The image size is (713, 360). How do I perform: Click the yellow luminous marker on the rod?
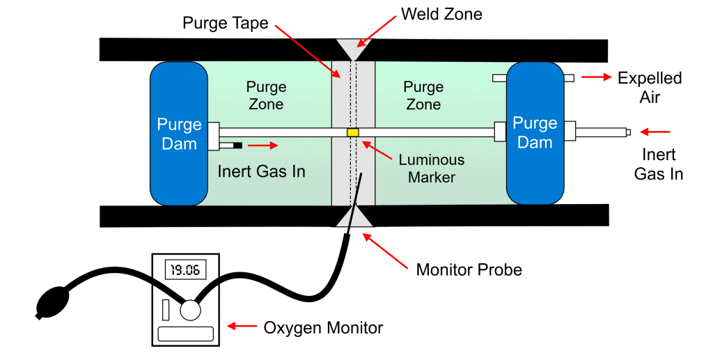353,132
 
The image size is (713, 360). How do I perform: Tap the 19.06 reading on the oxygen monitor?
185,270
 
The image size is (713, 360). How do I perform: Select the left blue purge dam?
179,134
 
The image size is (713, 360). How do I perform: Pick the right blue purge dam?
535,134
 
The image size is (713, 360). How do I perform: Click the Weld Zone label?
441,14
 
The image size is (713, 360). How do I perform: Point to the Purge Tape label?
226,23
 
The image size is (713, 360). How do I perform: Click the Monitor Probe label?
469,269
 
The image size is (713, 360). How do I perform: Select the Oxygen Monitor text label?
323,328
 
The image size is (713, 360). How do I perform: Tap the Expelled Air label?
650,87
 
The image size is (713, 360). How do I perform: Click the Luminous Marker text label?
432,169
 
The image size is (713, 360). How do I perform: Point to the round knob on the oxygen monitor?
190,311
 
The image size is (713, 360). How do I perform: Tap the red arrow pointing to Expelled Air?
596,78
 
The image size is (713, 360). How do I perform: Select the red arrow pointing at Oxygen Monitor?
242,326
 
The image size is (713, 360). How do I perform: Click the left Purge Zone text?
266,95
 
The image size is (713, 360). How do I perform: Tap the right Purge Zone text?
423,95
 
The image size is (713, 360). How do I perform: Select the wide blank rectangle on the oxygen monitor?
185,334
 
